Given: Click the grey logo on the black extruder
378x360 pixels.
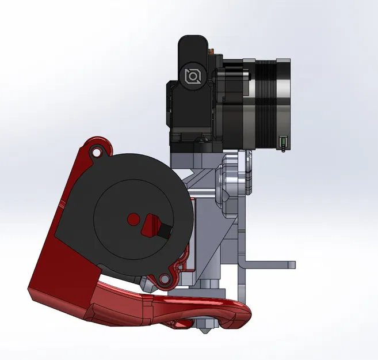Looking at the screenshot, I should (x=192, y=75).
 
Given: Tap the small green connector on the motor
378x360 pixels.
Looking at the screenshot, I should (x=282, y=142).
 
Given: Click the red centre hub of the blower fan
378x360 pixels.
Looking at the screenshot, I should (x=133, y=219).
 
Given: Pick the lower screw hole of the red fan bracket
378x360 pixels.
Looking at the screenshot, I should (x=165, y=279).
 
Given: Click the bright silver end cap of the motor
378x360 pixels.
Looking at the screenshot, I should (x=285, y=104).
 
